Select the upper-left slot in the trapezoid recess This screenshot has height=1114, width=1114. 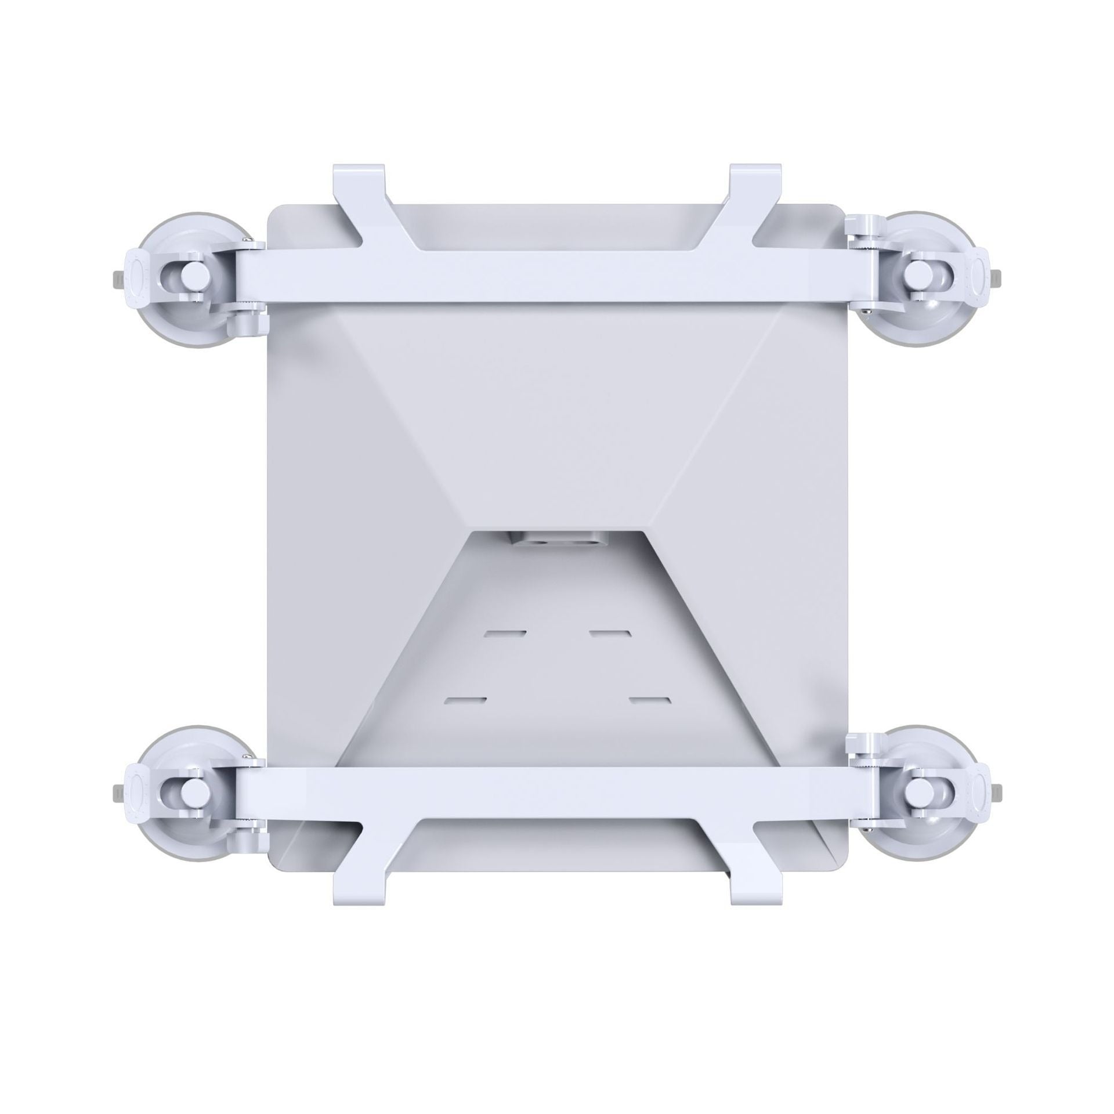pyautogui.click(x=506, y=632)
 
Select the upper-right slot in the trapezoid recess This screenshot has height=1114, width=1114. pyautogui.click(x=610, y=632)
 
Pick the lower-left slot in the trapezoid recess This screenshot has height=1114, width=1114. pyautogui.click(x=465, y=700)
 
